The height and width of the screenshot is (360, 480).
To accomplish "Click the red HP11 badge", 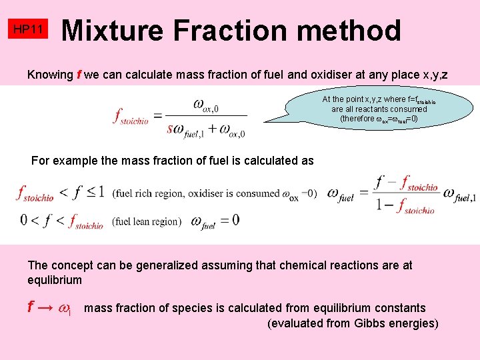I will pos(28,30).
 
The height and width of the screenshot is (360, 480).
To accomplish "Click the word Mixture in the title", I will pos(111,30).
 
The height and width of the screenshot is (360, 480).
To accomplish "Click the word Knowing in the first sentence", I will pos(49,75).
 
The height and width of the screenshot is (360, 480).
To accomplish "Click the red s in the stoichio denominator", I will pos(171,128).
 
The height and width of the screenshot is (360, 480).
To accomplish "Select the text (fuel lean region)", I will pos(146,221).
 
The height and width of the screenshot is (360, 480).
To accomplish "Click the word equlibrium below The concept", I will pos(55,280).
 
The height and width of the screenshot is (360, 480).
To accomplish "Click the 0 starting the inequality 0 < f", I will pos(24,219).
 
